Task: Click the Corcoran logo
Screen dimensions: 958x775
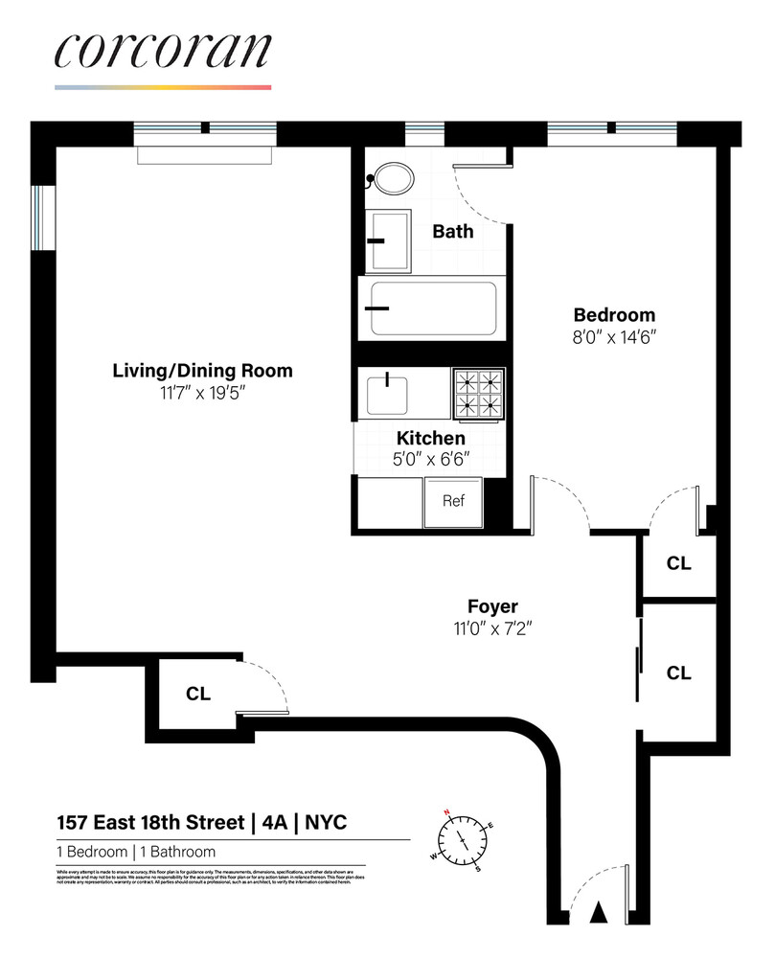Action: [163, 52]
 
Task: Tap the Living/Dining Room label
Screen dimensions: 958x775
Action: [202, 371]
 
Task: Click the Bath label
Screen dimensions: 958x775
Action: [453, 231]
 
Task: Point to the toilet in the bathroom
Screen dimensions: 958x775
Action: [392, 179]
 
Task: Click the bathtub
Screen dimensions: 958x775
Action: [433, 308]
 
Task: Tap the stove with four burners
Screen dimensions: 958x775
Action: [479, 393]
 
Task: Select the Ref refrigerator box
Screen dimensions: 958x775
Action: [453, 501]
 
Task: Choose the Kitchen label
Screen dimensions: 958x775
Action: [431, 438]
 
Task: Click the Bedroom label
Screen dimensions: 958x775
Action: [614, 315]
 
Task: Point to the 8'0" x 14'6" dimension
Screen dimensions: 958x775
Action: [614, 337]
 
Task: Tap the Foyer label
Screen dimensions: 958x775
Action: [492, 606]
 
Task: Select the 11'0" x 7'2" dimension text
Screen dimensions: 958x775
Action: [492, 628]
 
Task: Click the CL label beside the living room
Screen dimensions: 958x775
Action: [198, 694]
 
